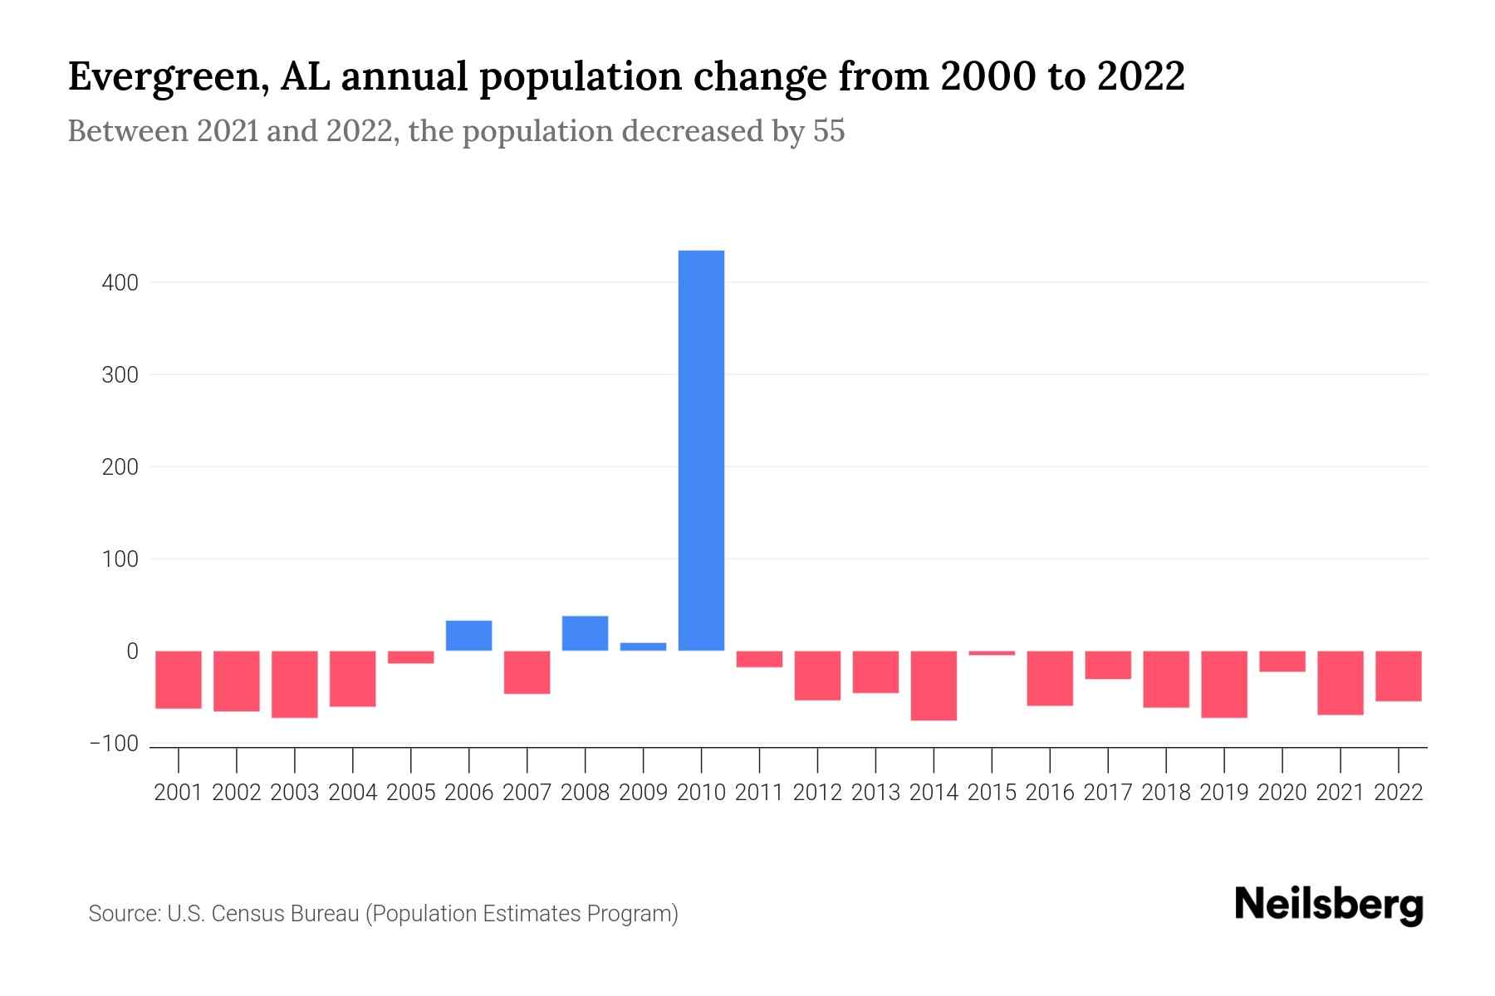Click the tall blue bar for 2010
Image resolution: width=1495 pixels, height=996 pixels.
click(x=701, y=450)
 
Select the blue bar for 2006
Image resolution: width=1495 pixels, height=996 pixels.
click(x=468, y=636)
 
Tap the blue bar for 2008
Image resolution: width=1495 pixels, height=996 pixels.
click(x=585, y=633)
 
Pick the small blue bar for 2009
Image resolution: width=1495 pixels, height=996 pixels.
click(x=643, y=647)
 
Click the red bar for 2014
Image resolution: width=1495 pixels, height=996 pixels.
click(x=934, y=686)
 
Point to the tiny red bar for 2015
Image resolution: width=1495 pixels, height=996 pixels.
click(x=992, y=653)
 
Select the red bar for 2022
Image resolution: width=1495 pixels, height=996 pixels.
click(x=1399, y=676)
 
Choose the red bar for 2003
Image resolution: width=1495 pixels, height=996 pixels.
click(x=295, y=684)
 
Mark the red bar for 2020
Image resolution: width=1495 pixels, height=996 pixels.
click(x=1282, y=662)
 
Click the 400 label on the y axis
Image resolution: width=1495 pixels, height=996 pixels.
click(x=120, y=283)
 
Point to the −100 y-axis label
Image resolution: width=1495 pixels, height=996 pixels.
click(x=115, y=744)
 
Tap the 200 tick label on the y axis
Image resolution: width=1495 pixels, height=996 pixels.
click(x=120, y=467)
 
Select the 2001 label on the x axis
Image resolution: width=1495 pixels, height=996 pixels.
click(x=179, y=793)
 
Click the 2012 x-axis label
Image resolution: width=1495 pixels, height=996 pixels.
click(x=817, y=793)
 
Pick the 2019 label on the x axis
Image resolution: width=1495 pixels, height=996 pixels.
click(x=1224, y=793)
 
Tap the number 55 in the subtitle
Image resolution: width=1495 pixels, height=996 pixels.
click(x=828, y=131)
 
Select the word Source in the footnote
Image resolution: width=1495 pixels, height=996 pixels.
click(x=124, y=914)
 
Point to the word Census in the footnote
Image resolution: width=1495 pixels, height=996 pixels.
click(x=246, y=914)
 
